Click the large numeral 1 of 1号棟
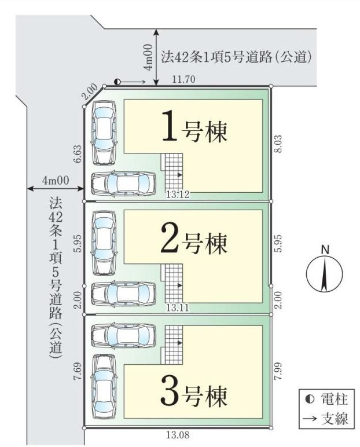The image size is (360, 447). tap(171, 126)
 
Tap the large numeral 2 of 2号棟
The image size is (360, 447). tap(171, 238)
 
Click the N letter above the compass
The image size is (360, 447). tap(325, 250)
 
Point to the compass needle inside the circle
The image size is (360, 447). tap(324, 274)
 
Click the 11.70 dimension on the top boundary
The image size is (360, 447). tap(183, 79)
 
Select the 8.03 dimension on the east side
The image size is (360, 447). tap(278, 144)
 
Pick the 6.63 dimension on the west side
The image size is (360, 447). tap(78, 154)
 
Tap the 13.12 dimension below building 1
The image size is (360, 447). tap(178, 195)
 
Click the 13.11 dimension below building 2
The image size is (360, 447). tap(178, 307)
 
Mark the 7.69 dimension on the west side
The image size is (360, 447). tap(78, 371)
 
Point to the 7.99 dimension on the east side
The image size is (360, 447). tap(278, 371)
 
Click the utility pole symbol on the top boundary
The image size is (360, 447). tap(117, 82)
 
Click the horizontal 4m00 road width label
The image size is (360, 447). tap(56, 181)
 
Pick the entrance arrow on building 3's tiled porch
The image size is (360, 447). tap(179, 342)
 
